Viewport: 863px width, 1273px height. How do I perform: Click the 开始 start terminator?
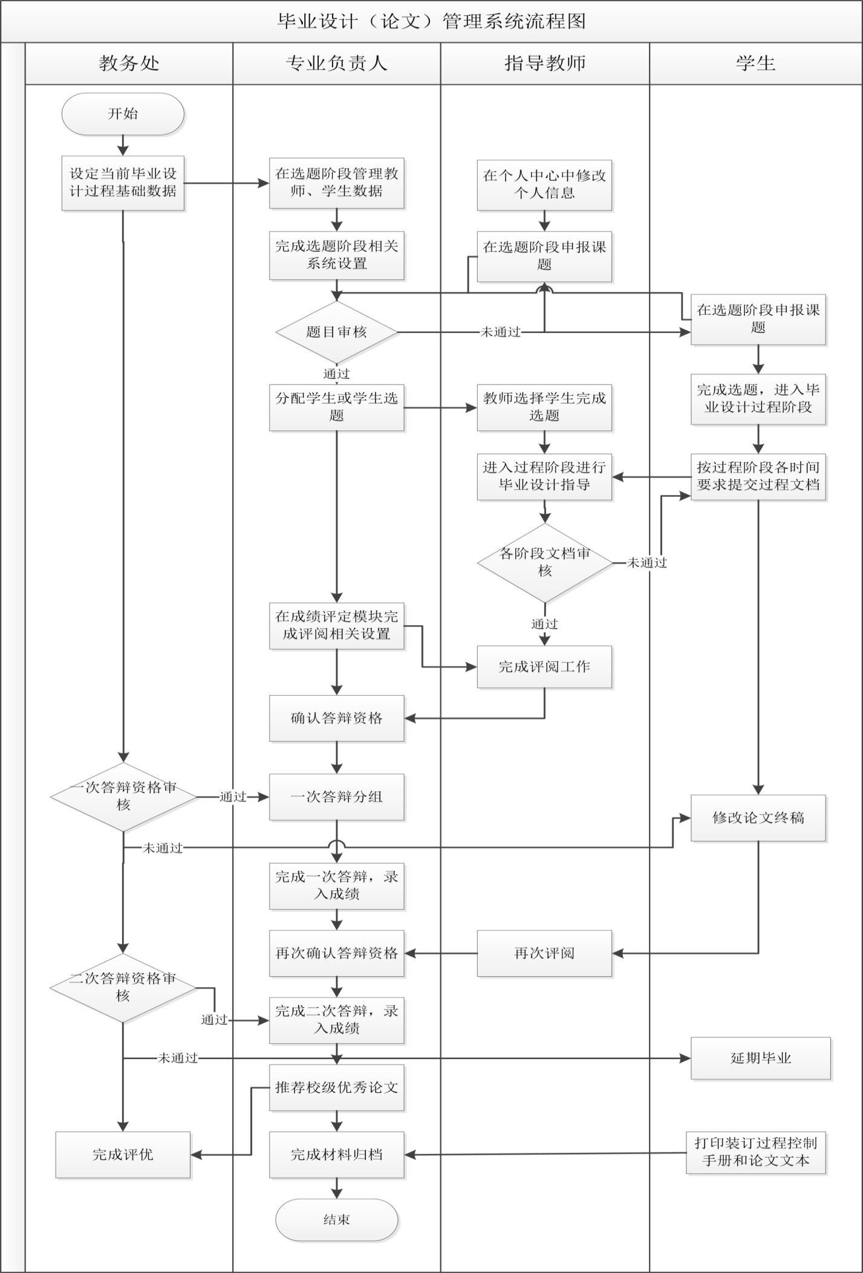123,114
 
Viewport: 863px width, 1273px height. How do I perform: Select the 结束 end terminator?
336,1219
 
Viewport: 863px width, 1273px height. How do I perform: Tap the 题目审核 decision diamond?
336,332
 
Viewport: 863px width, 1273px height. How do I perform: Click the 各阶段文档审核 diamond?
544,562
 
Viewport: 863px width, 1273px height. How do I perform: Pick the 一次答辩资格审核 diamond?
123,797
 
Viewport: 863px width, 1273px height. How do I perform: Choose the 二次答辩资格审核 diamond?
123,988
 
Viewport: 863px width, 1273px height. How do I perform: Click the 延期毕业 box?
760,1058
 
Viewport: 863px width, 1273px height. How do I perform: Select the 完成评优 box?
123,1155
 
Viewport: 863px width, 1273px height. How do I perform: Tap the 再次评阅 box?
544,953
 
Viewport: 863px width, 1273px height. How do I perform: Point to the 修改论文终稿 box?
758,818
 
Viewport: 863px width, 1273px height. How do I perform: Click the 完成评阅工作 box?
544,667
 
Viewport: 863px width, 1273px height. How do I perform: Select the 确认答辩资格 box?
336,718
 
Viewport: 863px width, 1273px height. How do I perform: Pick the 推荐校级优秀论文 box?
336,1087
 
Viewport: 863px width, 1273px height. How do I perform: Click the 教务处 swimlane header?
129,63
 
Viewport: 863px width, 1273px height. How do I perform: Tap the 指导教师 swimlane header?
545,63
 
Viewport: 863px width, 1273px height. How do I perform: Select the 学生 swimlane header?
755,63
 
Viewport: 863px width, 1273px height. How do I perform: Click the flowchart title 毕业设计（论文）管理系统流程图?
431,21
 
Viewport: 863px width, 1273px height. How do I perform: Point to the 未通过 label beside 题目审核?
500,332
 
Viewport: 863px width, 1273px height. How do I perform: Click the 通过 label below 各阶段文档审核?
544,624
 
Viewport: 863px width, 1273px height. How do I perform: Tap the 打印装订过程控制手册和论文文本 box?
755,1152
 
